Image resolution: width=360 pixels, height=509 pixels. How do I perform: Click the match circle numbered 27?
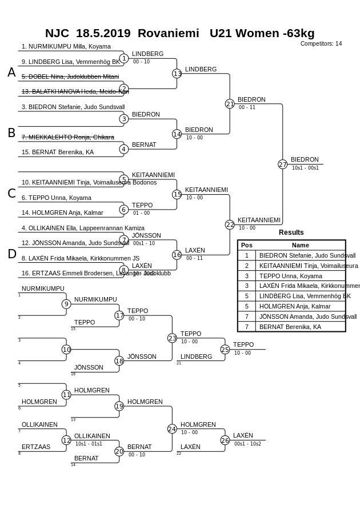click(282, 165)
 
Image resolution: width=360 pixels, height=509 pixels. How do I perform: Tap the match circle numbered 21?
click(230, 104)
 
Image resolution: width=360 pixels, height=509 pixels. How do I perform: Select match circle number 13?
click(177, 74)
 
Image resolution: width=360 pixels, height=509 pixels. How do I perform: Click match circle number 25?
click(225, 349)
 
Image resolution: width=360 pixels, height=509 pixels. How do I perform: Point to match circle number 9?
click(66, 304)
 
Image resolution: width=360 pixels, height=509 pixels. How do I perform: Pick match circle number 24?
click(172, 429)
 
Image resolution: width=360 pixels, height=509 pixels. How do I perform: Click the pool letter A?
click(11, 73)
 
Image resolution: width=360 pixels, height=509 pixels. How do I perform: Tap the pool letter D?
click(11, 254)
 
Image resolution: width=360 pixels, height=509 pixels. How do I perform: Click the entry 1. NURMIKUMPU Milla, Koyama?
click(66, 47)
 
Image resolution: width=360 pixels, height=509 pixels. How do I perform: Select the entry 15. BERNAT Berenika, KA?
click(58, 153)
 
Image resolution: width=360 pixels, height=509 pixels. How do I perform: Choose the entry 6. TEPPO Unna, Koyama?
click(57, 198)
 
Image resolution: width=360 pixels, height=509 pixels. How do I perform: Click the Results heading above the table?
click(291, 233)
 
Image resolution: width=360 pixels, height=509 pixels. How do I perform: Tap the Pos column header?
click(247, 245)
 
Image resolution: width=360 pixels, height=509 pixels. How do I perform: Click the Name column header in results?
click(300, 245)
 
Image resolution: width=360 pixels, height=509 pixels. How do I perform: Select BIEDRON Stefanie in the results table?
click(307, 256)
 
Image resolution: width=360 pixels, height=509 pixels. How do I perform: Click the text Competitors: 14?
click(321, 44)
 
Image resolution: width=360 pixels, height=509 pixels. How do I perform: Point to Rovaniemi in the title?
click(169, 33)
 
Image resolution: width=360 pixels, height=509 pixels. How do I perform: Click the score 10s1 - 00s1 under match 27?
click(305, 168)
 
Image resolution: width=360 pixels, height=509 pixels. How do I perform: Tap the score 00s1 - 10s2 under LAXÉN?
click(247, 444)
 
